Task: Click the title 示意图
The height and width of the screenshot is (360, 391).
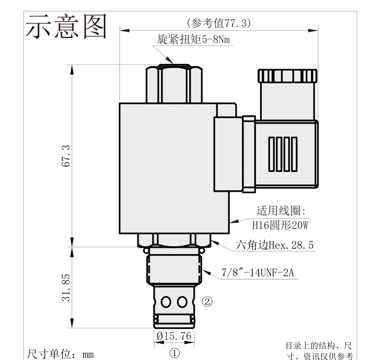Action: point(66,26)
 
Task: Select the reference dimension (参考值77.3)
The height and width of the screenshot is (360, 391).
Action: point(219,23)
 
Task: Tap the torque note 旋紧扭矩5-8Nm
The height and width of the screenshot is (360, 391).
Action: point(193,39)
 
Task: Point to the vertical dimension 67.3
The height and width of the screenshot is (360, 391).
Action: point(66,156)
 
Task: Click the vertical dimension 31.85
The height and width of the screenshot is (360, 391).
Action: point(66,288)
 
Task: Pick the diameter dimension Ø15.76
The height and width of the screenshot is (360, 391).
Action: point(174,336)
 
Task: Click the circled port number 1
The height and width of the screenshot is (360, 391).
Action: point(174,353)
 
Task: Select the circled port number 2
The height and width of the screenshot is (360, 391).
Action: point(207,301)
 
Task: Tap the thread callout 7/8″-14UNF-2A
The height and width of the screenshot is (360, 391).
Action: point(258,272)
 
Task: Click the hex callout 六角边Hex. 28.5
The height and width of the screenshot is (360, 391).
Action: point(274,245)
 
